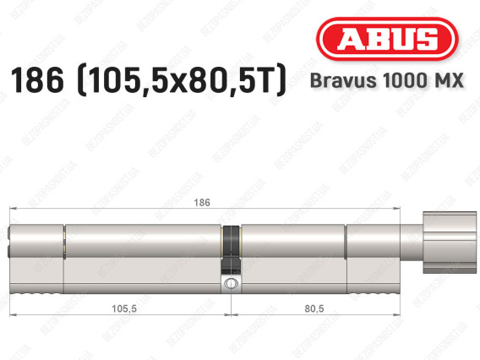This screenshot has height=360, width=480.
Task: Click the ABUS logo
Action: [x=385, y=38]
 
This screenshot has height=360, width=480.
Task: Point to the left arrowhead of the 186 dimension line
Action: [x=11, y=210]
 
